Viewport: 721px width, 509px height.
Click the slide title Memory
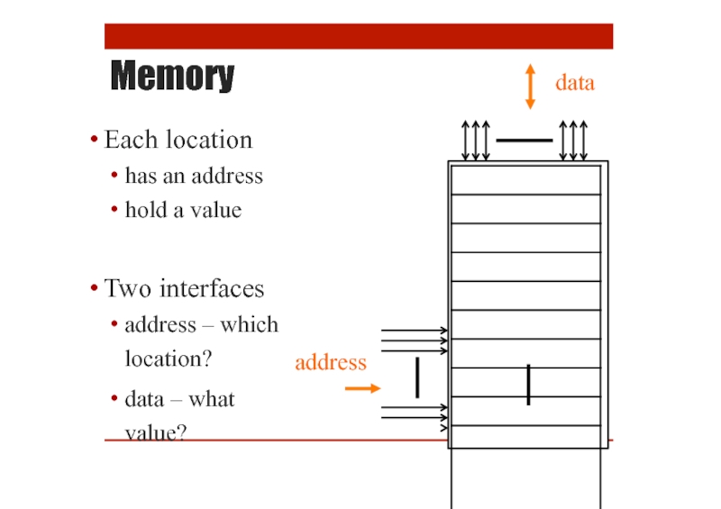pos(172,76)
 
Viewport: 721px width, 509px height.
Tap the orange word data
pos(575,83)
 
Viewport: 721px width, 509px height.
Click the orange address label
pos(331,362)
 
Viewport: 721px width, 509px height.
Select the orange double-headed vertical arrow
pos(530,86)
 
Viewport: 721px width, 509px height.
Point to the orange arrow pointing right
pos(363,388)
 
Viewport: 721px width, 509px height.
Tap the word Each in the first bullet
pos(131,140)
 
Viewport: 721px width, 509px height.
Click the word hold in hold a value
pos(146,210)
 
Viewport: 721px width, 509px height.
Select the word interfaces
pos(212,289)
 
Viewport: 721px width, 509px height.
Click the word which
pos(250,324)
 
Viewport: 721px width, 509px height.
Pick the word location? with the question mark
pos(169,359)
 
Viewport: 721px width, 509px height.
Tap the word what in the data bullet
pos(212,399)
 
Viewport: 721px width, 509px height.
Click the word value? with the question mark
pos(156,432)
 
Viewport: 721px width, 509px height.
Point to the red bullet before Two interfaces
pos(95,288)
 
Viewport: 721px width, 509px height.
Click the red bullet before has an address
pos(114,175)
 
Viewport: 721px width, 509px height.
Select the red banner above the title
pos(359,36)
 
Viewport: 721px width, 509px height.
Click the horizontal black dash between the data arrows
pos(525,141)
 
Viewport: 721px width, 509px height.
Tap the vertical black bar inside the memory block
pos(528,385)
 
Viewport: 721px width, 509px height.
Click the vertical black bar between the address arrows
pos(417,377)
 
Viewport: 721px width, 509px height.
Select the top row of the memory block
pos(526,180)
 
